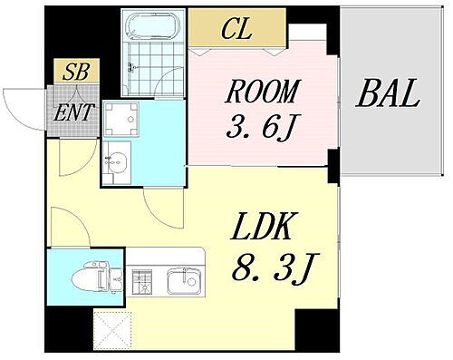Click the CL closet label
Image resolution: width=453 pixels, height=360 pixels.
236,29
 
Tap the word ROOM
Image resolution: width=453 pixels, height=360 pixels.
261,91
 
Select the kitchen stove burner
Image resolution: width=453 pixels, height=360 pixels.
144,282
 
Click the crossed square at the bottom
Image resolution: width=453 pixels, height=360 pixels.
112,328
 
